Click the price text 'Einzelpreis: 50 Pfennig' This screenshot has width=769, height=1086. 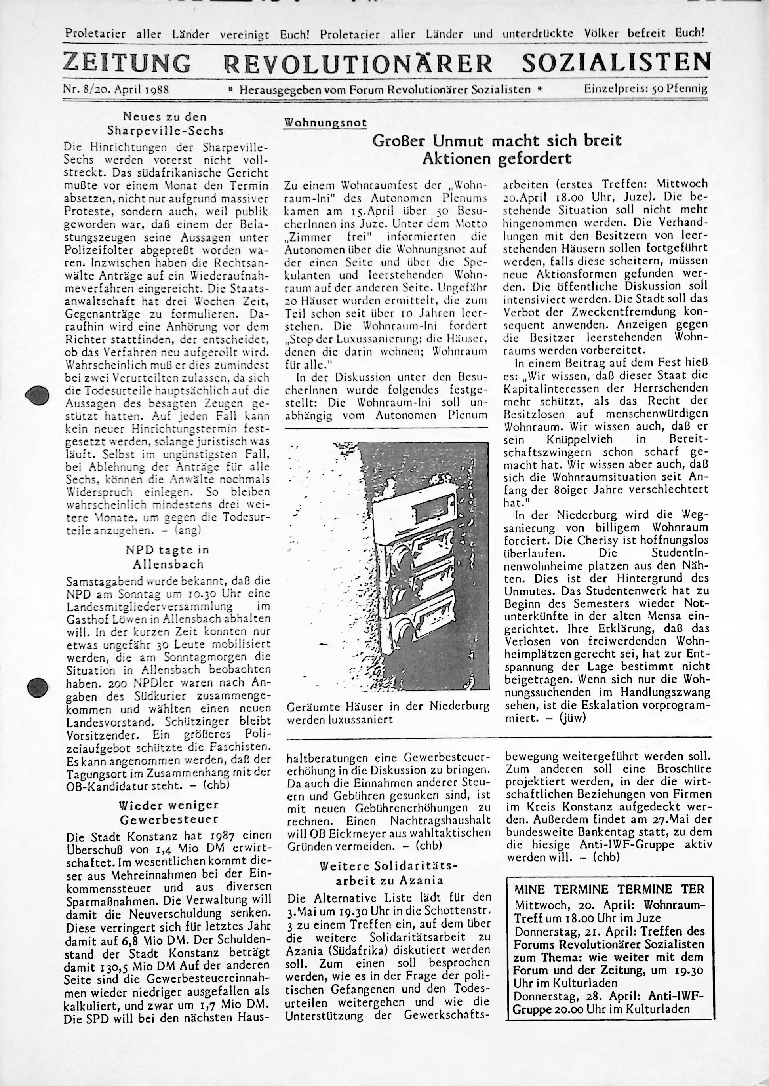[645, 89]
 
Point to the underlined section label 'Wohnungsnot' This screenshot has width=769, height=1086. [325, 123]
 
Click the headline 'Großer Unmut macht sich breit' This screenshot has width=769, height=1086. [497, 141]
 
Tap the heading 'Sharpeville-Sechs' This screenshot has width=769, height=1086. [165, 130]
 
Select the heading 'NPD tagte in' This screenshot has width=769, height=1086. [167, 550]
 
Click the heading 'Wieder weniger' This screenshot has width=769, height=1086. [168, 805]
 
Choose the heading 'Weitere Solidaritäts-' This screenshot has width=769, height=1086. [389, 866]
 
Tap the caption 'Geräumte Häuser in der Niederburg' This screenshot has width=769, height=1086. [388, 707]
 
